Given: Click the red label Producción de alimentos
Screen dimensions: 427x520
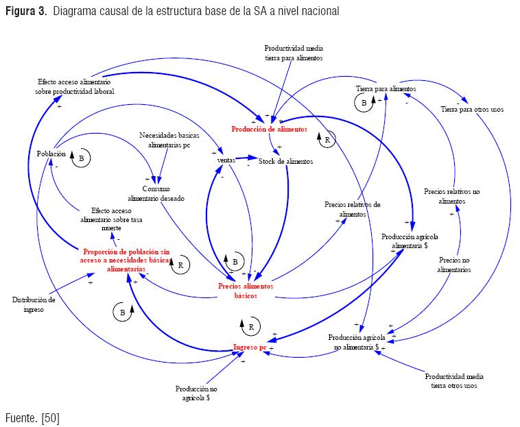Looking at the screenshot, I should click(269, 129).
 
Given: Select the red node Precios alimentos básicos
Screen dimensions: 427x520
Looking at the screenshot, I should click(246, 291).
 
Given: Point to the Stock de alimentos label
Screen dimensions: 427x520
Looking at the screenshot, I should click(285, 162).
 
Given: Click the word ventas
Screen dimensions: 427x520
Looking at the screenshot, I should click(226, 160).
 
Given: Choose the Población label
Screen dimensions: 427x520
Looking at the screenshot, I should click(51, 154).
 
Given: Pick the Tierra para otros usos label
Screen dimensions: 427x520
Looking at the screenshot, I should click(471, 109).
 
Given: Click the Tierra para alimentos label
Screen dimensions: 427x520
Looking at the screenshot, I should click(386, 89).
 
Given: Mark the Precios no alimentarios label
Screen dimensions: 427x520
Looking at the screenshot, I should click(453, 265).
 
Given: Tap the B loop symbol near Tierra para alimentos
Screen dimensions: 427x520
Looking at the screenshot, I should click(363, 103).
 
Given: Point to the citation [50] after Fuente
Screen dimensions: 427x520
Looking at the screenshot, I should click(50, 417).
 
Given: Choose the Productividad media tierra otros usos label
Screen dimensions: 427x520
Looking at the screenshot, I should click(453, 381).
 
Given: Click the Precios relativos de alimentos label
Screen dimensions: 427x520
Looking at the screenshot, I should click(353, 209).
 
